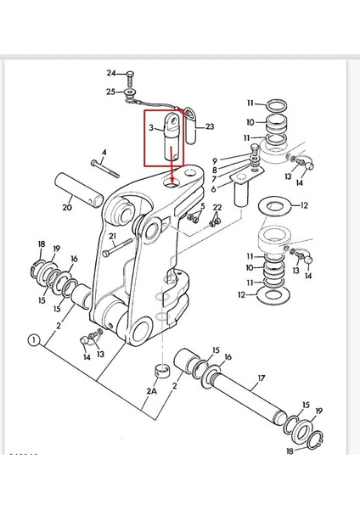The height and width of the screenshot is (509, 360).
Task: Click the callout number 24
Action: point(111,73)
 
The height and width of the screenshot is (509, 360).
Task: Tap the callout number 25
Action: point(110,92)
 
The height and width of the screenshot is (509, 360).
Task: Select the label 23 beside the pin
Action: point(210,126)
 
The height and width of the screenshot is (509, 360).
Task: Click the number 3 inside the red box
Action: point(151,128)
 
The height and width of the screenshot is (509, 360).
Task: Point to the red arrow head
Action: point(172,179)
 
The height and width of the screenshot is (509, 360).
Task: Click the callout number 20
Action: point(67,207)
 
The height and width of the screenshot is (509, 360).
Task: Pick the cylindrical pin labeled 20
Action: point(79,189)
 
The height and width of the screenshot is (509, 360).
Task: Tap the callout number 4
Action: point(104,152)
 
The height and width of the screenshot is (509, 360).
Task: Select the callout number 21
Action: point(112,236)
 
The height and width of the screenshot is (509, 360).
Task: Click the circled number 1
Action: point(34,340)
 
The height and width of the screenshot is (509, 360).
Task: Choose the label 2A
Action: point(151,391)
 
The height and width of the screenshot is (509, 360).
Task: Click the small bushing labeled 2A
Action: point(160,371)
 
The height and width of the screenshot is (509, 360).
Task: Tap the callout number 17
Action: point(262,378)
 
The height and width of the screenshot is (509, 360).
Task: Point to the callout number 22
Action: point(217,208)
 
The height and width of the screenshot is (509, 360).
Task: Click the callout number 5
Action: point(202,206)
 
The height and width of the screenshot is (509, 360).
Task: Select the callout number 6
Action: point(213,188)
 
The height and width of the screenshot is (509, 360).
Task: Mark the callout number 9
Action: point(215,160)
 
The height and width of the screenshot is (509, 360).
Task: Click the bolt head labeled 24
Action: point(130,74)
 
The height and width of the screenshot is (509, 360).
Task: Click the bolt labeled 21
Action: point(117,248)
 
